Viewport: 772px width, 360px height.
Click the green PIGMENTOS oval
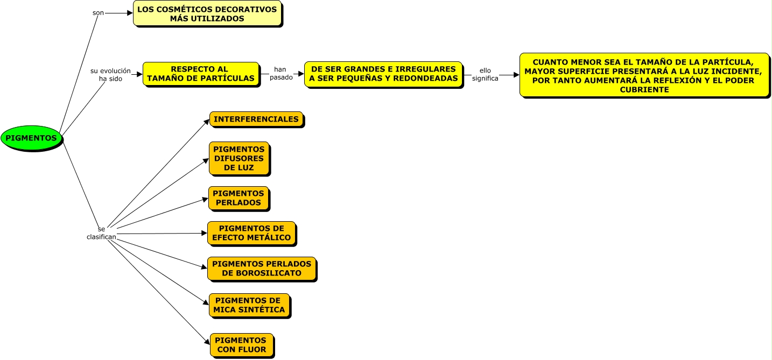(x=31, y=138)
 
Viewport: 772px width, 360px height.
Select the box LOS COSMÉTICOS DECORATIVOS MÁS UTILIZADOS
(x=207, y=13)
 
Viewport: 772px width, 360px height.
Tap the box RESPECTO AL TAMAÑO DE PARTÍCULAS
(x=201, y=74)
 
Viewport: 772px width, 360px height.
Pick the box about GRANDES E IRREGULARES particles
(x=383, y=74)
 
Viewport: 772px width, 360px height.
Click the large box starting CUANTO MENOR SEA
(x=644, y=75)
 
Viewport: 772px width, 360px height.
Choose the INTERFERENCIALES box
(x=256, y=119)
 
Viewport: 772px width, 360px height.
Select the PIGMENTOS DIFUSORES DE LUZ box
(x=239, y=158)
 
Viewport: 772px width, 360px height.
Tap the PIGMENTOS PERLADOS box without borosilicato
(x=238, y=198)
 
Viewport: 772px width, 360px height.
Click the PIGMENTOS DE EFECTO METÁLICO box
(x=251, y=233)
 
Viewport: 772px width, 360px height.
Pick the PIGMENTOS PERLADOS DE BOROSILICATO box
(x=262, y=269)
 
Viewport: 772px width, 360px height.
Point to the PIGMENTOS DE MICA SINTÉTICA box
(x=249, y=305)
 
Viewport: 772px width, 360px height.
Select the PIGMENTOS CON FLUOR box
(x=242, y=345)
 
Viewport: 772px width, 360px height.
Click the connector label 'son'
(x=98, y=13)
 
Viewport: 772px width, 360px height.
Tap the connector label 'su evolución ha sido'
(x=110, y=75)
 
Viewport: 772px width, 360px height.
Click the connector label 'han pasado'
(x=281, y=73)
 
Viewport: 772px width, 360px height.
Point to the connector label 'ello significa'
(x=485, y=74)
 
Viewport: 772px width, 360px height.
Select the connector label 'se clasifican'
(x=101, y=233)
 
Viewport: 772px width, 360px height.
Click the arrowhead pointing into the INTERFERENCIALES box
(x=207, y=122)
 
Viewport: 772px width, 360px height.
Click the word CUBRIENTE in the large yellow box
(x=644, y=89)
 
